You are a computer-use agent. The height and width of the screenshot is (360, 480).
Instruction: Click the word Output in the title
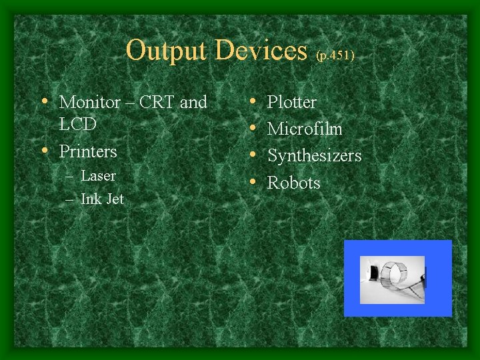165,51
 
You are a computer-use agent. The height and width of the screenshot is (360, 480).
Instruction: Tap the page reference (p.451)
335,55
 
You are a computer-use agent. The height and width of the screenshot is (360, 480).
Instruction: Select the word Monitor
90,103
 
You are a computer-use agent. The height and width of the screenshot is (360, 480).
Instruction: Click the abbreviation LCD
78,125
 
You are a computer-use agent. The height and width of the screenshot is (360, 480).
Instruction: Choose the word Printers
88,152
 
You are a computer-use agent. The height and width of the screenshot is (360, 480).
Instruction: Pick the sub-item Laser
98,176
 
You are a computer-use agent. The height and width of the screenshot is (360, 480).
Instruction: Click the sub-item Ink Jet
102,199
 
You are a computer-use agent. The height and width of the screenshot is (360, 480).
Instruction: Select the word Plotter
291,103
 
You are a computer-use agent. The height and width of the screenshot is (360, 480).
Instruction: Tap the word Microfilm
305,129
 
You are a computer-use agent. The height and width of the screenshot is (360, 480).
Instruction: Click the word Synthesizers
314,156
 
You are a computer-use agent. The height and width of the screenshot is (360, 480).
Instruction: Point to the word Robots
293,183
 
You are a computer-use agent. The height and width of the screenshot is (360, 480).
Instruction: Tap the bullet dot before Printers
45,151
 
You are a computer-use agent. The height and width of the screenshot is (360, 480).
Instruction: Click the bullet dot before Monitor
45,102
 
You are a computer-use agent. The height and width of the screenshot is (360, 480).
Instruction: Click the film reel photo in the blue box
392,279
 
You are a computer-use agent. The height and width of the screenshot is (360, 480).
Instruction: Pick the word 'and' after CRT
193,103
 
